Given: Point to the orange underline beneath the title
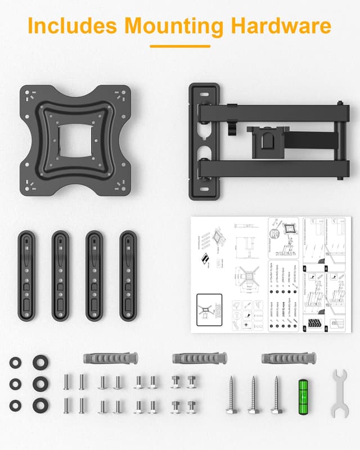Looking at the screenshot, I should [180, 47].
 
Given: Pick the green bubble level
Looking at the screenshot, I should [304, 396].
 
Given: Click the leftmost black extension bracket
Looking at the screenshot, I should [26, 275].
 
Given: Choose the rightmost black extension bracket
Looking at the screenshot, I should [128, 275].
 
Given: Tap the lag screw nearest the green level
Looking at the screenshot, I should [276, 395].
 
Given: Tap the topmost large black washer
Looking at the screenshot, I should [39, 362].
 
